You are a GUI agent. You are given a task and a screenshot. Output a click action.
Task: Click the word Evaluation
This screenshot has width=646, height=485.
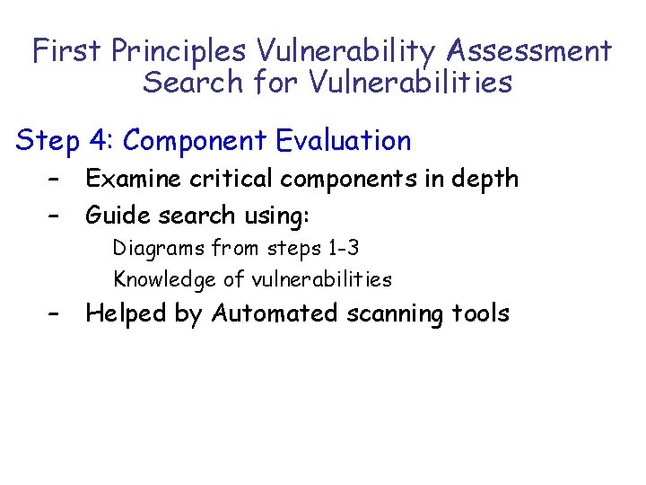tap(344, 141)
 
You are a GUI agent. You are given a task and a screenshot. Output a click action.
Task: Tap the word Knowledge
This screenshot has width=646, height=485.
tap(164, 279)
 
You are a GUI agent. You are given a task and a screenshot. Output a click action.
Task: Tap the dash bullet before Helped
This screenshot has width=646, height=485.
tap(53, 313)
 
